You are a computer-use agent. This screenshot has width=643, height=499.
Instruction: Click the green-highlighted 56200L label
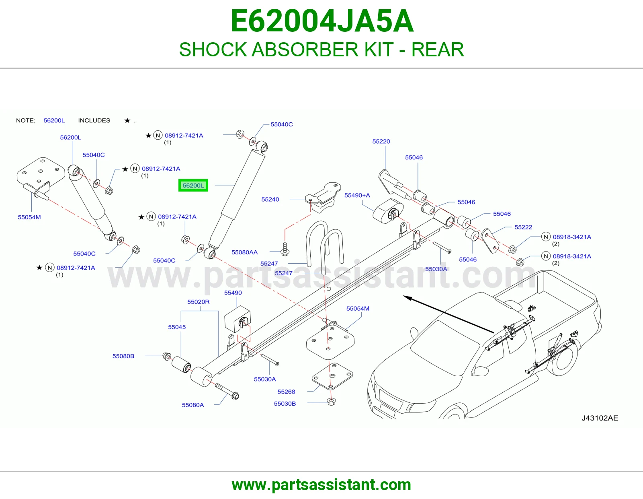[193, 186]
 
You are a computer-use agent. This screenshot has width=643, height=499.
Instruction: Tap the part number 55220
[381, 141]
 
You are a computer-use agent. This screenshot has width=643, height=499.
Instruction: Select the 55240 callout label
[270, 200]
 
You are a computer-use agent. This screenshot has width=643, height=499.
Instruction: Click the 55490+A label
[357, 195]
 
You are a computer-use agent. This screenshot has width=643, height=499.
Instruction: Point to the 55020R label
[198, 302]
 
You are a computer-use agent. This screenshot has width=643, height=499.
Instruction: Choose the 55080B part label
[123, 356]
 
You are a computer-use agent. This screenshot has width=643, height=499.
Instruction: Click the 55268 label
[286, 392]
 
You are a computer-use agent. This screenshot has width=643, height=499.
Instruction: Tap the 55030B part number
[285, 404]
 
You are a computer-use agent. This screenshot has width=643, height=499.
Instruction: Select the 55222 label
[523, 227]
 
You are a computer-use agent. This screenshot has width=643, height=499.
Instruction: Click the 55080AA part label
[244, 252]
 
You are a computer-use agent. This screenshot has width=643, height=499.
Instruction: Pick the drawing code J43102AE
[600, 418]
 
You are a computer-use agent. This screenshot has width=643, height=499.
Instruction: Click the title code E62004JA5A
[322, 21]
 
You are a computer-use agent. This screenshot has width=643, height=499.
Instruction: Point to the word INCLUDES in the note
[94, 120]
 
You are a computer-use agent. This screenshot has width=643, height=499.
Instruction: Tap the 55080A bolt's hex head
[235, 395]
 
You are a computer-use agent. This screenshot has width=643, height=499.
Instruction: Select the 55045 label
[177, 327]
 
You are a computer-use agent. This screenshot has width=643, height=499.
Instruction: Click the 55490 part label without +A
[233, 293]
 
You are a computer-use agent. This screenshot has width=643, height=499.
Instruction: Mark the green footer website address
[321, 485]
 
